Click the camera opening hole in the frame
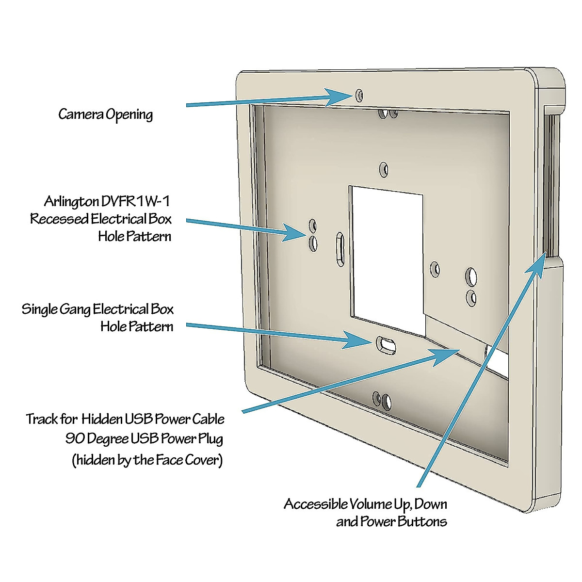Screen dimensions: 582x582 pyautogui.click(x=359, y=95)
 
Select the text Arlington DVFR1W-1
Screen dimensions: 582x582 pyautogui.click(x=107, y=201)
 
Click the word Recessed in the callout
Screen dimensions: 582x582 pyautogui.click(x=59, y=219)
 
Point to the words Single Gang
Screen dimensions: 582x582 pyautogui.click(x=56, y=309)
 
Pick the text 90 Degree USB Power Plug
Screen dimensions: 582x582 pyautogui.click(x=145, y=439)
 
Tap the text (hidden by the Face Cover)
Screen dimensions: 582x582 pyautogui.click(x=147, y=460)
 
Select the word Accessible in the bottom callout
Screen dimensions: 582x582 pyautogui.click(x=316, y=504)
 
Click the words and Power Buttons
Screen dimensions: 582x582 pyautogui.click(x=392, y=521)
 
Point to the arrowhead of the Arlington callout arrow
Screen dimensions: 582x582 pyautogui.click(x=293, y=233)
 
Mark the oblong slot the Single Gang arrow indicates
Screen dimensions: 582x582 pyautogui.click(x=386, y=345)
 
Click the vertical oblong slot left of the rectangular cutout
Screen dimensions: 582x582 pyautogui.click(x=340, y=249)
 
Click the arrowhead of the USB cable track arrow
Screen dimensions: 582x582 pyautogui.click(x=443, y=356)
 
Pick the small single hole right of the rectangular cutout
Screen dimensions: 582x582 pyautogui.click(x=435, y=269)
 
